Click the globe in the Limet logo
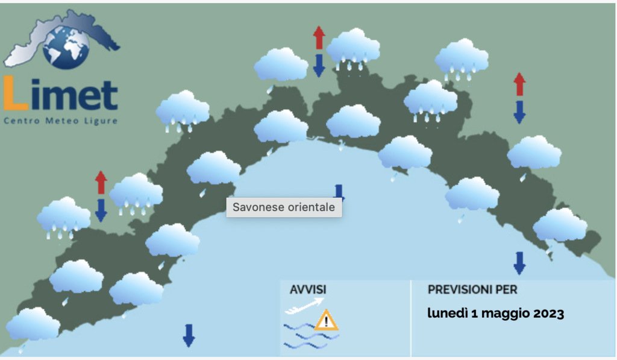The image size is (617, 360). tap(66, 48)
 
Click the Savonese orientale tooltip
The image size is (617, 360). tap(284, 207)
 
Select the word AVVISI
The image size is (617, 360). tap(308, 290)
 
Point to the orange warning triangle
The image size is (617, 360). tap(326, 320)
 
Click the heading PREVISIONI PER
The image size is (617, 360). tap(472, 290)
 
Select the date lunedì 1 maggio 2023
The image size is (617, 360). tap(496, 314)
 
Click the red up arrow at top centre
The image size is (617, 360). tap(319, 38)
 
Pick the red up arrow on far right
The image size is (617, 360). tap(519, 84)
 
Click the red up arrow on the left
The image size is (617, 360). tap(101, 182)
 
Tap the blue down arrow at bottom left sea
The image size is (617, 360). tap(189, 335)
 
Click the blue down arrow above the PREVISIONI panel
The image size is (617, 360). tap(519, 263)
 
